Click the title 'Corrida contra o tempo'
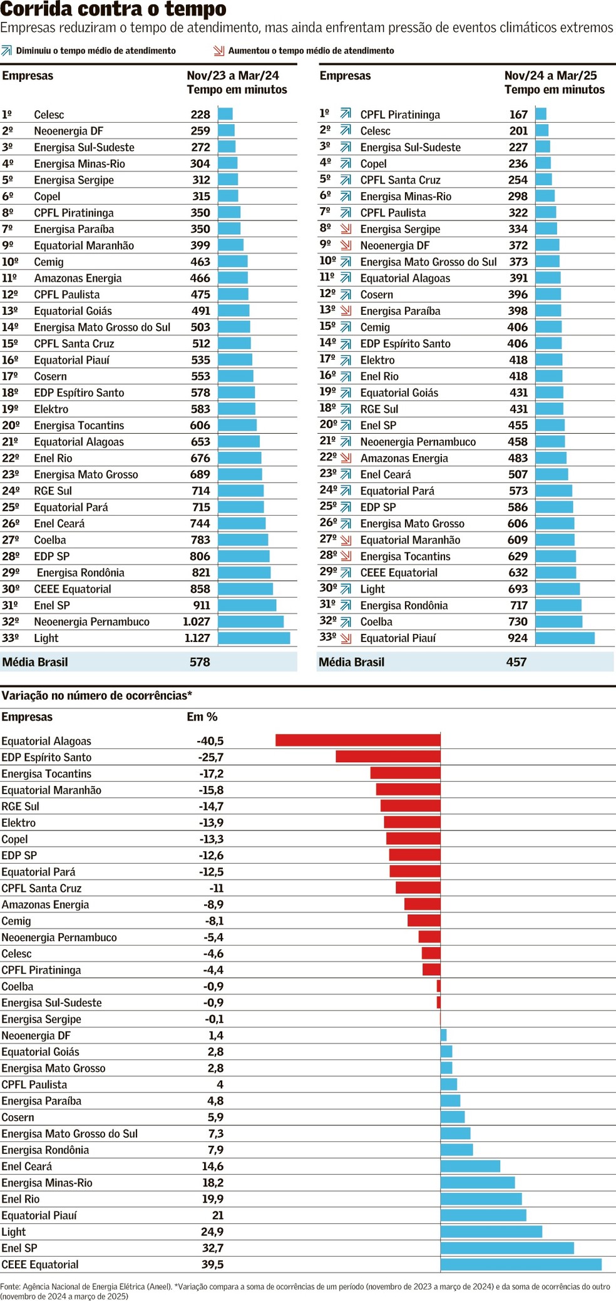pyautogui.click(x=113, y=9)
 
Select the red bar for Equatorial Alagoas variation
pyautogui.click(x=357, y=740)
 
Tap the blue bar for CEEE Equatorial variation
pyautogui.click(x=521, y=1264)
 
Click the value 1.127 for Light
pyautogui.click(x=197, y=638)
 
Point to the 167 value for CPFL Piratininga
pyautogui.click(x=518, y=115)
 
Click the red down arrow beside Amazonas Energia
pyautogui.click(x=346, y=458)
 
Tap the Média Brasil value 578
pyautogui.click(x=200, y=662)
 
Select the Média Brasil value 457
pyautogui.click(x=516, y=662)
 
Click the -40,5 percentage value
pyautogui.click(x=210, y=741)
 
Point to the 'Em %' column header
pyautogui.click(x=202, y=717)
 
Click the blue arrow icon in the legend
pyautogui.click(x=7, y=51)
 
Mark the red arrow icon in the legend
pyautogui.click(x=218, y=51)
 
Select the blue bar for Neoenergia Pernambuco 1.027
pyautogui.click(x=250, y=621)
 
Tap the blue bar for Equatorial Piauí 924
pyautogui.click(x=565, y=638)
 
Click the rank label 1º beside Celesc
pyautogui.click(x=7, y=115)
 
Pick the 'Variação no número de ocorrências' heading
pyautogui.click(x=96, y=696)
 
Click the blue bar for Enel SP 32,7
pyautogui.click(x=507, y=1248)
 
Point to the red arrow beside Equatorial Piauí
pyautogui.click(x=346, y=638)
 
